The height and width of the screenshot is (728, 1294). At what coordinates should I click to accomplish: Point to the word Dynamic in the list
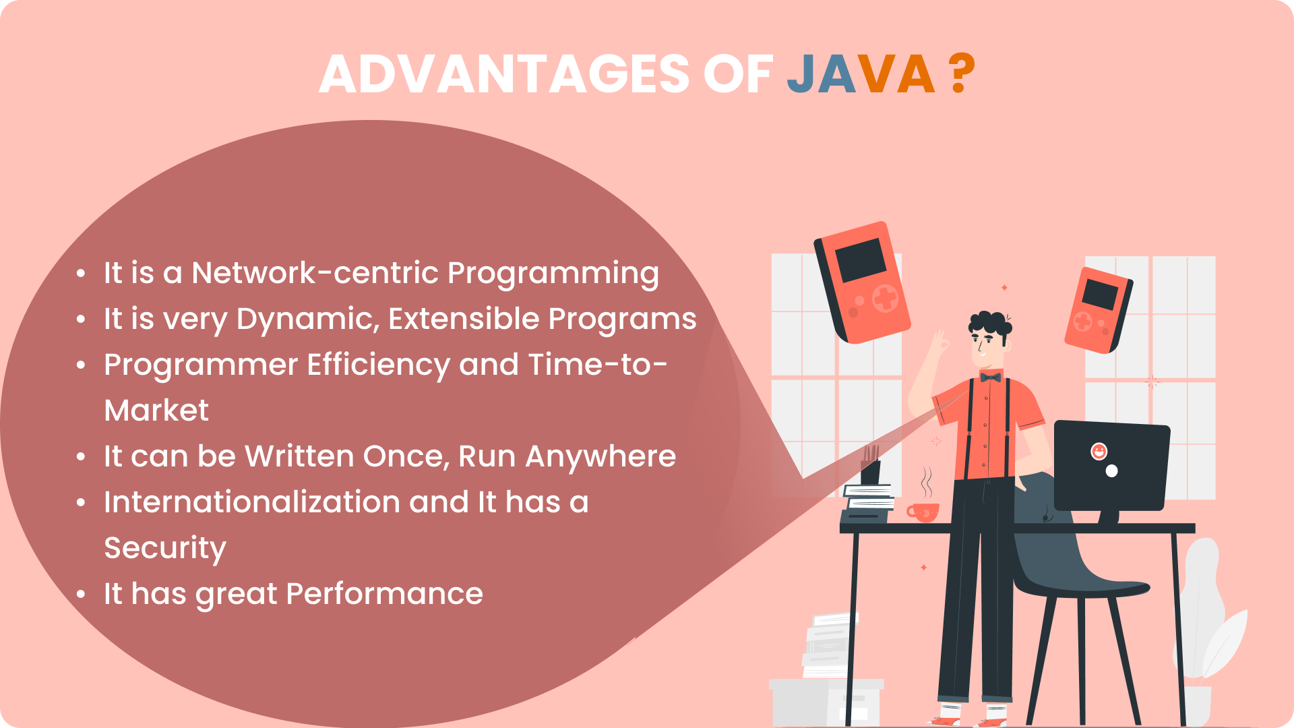point(308,320)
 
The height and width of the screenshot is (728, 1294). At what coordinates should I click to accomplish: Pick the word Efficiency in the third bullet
point(379,365)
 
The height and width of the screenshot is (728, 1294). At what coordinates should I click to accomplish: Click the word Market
point(156,411)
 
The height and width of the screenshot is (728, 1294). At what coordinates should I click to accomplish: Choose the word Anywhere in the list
point(600,457)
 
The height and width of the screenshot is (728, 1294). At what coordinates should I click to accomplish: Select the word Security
point(165,549)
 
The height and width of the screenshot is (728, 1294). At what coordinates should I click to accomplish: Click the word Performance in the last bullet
point(384,594)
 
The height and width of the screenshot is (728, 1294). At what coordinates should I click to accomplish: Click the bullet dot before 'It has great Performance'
point(81,595)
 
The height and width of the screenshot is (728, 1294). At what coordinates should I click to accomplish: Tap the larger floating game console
point(862,282)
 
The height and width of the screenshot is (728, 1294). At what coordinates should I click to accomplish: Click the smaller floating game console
point(1098,311)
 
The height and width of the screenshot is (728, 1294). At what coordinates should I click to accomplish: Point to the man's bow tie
point(990,377)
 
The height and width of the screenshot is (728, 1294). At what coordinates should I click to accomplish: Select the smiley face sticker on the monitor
point(1099,451)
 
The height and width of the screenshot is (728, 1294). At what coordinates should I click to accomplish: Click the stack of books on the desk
point(869,498)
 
